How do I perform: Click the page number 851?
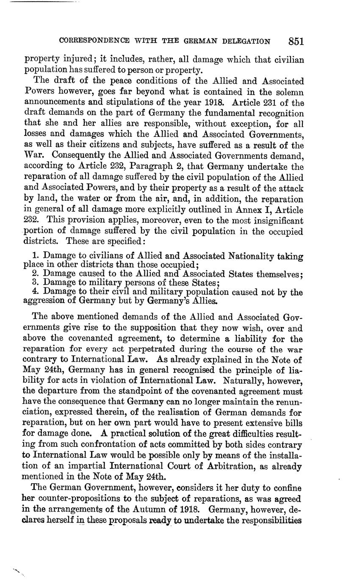click(x=296, y=41)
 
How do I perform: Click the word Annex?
click(x=247, y=210)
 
